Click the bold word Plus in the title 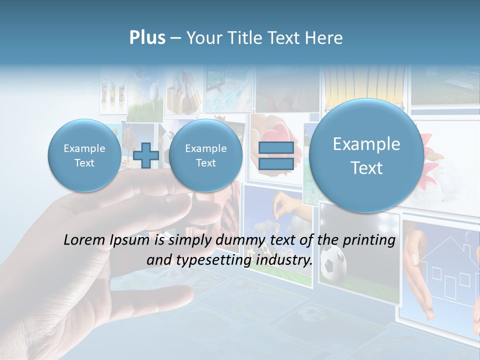tap(147, 38)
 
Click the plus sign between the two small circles tap(146, 155)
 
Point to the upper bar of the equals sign tap(275, 147)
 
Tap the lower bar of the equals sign tap(275, 163)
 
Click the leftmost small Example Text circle tap(84, 155)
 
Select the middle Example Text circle tap(205, 155)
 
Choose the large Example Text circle tap(366, 155)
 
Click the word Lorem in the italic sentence tap(84, 240)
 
